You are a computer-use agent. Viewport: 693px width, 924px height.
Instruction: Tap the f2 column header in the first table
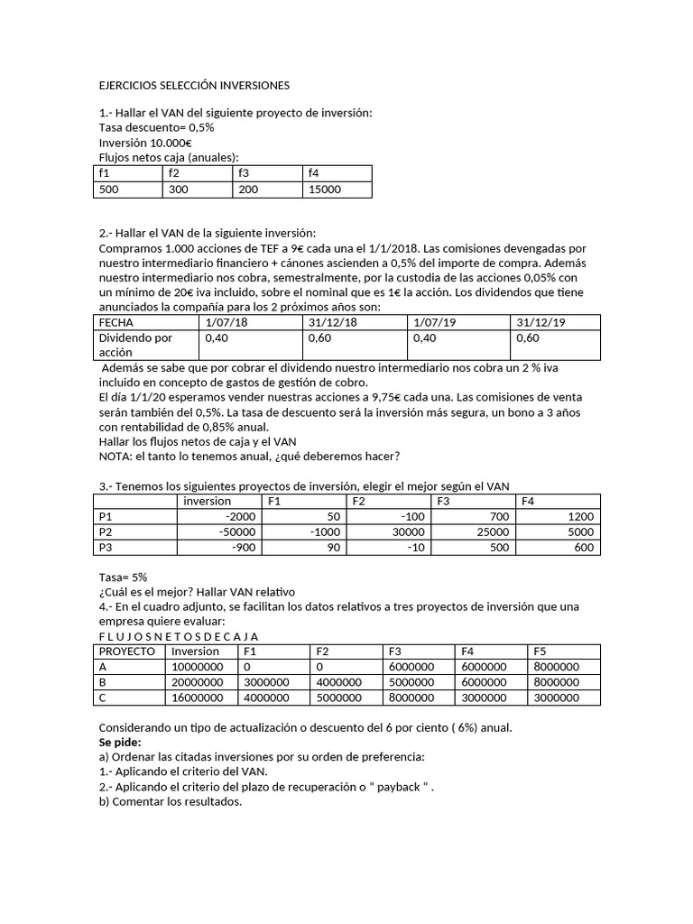tap(172, 173)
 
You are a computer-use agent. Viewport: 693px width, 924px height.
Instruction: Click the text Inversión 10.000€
tap(144, 143)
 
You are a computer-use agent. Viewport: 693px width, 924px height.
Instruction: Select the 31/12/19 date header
tap(539, 322)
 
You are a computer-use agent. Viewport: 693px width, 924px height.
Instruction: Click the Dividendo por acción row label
tap(135, 346)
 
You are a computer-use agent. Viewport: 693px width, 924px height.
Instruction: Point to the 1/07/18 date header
tap(226, 322)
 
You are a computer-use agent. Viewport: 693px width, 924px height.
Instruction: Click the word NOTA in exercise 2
tap(115, 456)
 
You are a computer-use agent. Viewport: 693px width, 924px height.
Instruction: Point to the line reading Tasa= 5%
tap(122, 577)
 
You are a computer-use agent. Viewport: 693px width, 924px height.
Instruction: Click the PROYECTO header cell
tap(127, 651)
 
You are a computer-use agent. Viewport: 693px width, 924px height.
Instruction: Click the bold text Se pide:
tap(119, 742)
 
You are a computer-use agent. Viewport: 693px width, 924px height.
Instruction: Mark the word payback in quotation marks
tap(396, 787)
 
